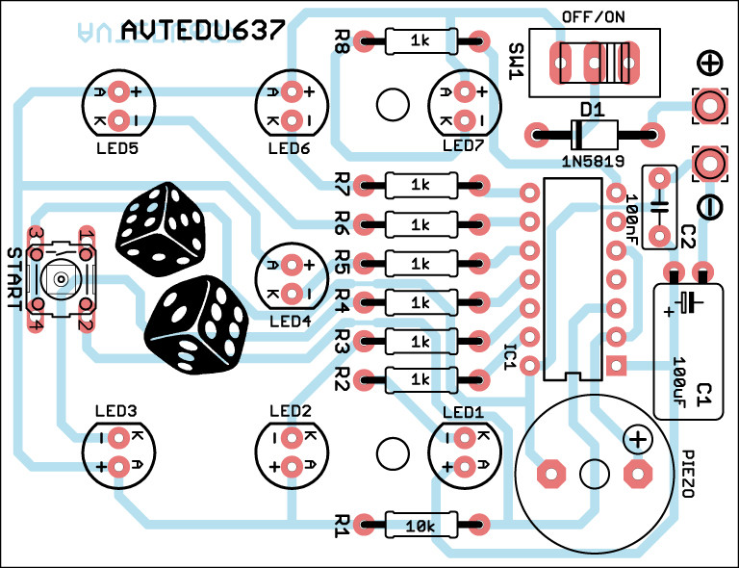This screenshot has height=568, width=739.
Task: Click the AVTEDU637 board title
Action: coord(203,32)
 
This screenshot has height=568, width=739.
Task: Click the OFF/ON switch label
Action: coord(593,18)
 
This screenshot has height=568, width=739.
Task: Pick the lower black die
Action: coord(196,323)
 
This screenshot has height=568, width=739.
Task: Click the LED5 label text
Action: coord(117,149)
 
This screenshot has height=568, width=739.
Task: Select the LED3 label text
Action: coord(116,411)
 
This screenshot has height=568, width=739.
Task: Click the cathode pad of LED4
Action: coord(292,292)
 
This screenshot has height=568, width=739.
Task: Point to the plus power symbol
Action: coord(709,64)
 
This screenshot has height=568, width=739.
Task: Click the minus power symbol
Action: coord(708,205)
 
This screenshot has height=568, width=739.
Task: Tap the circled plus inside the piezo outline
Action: coord(637,440)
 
